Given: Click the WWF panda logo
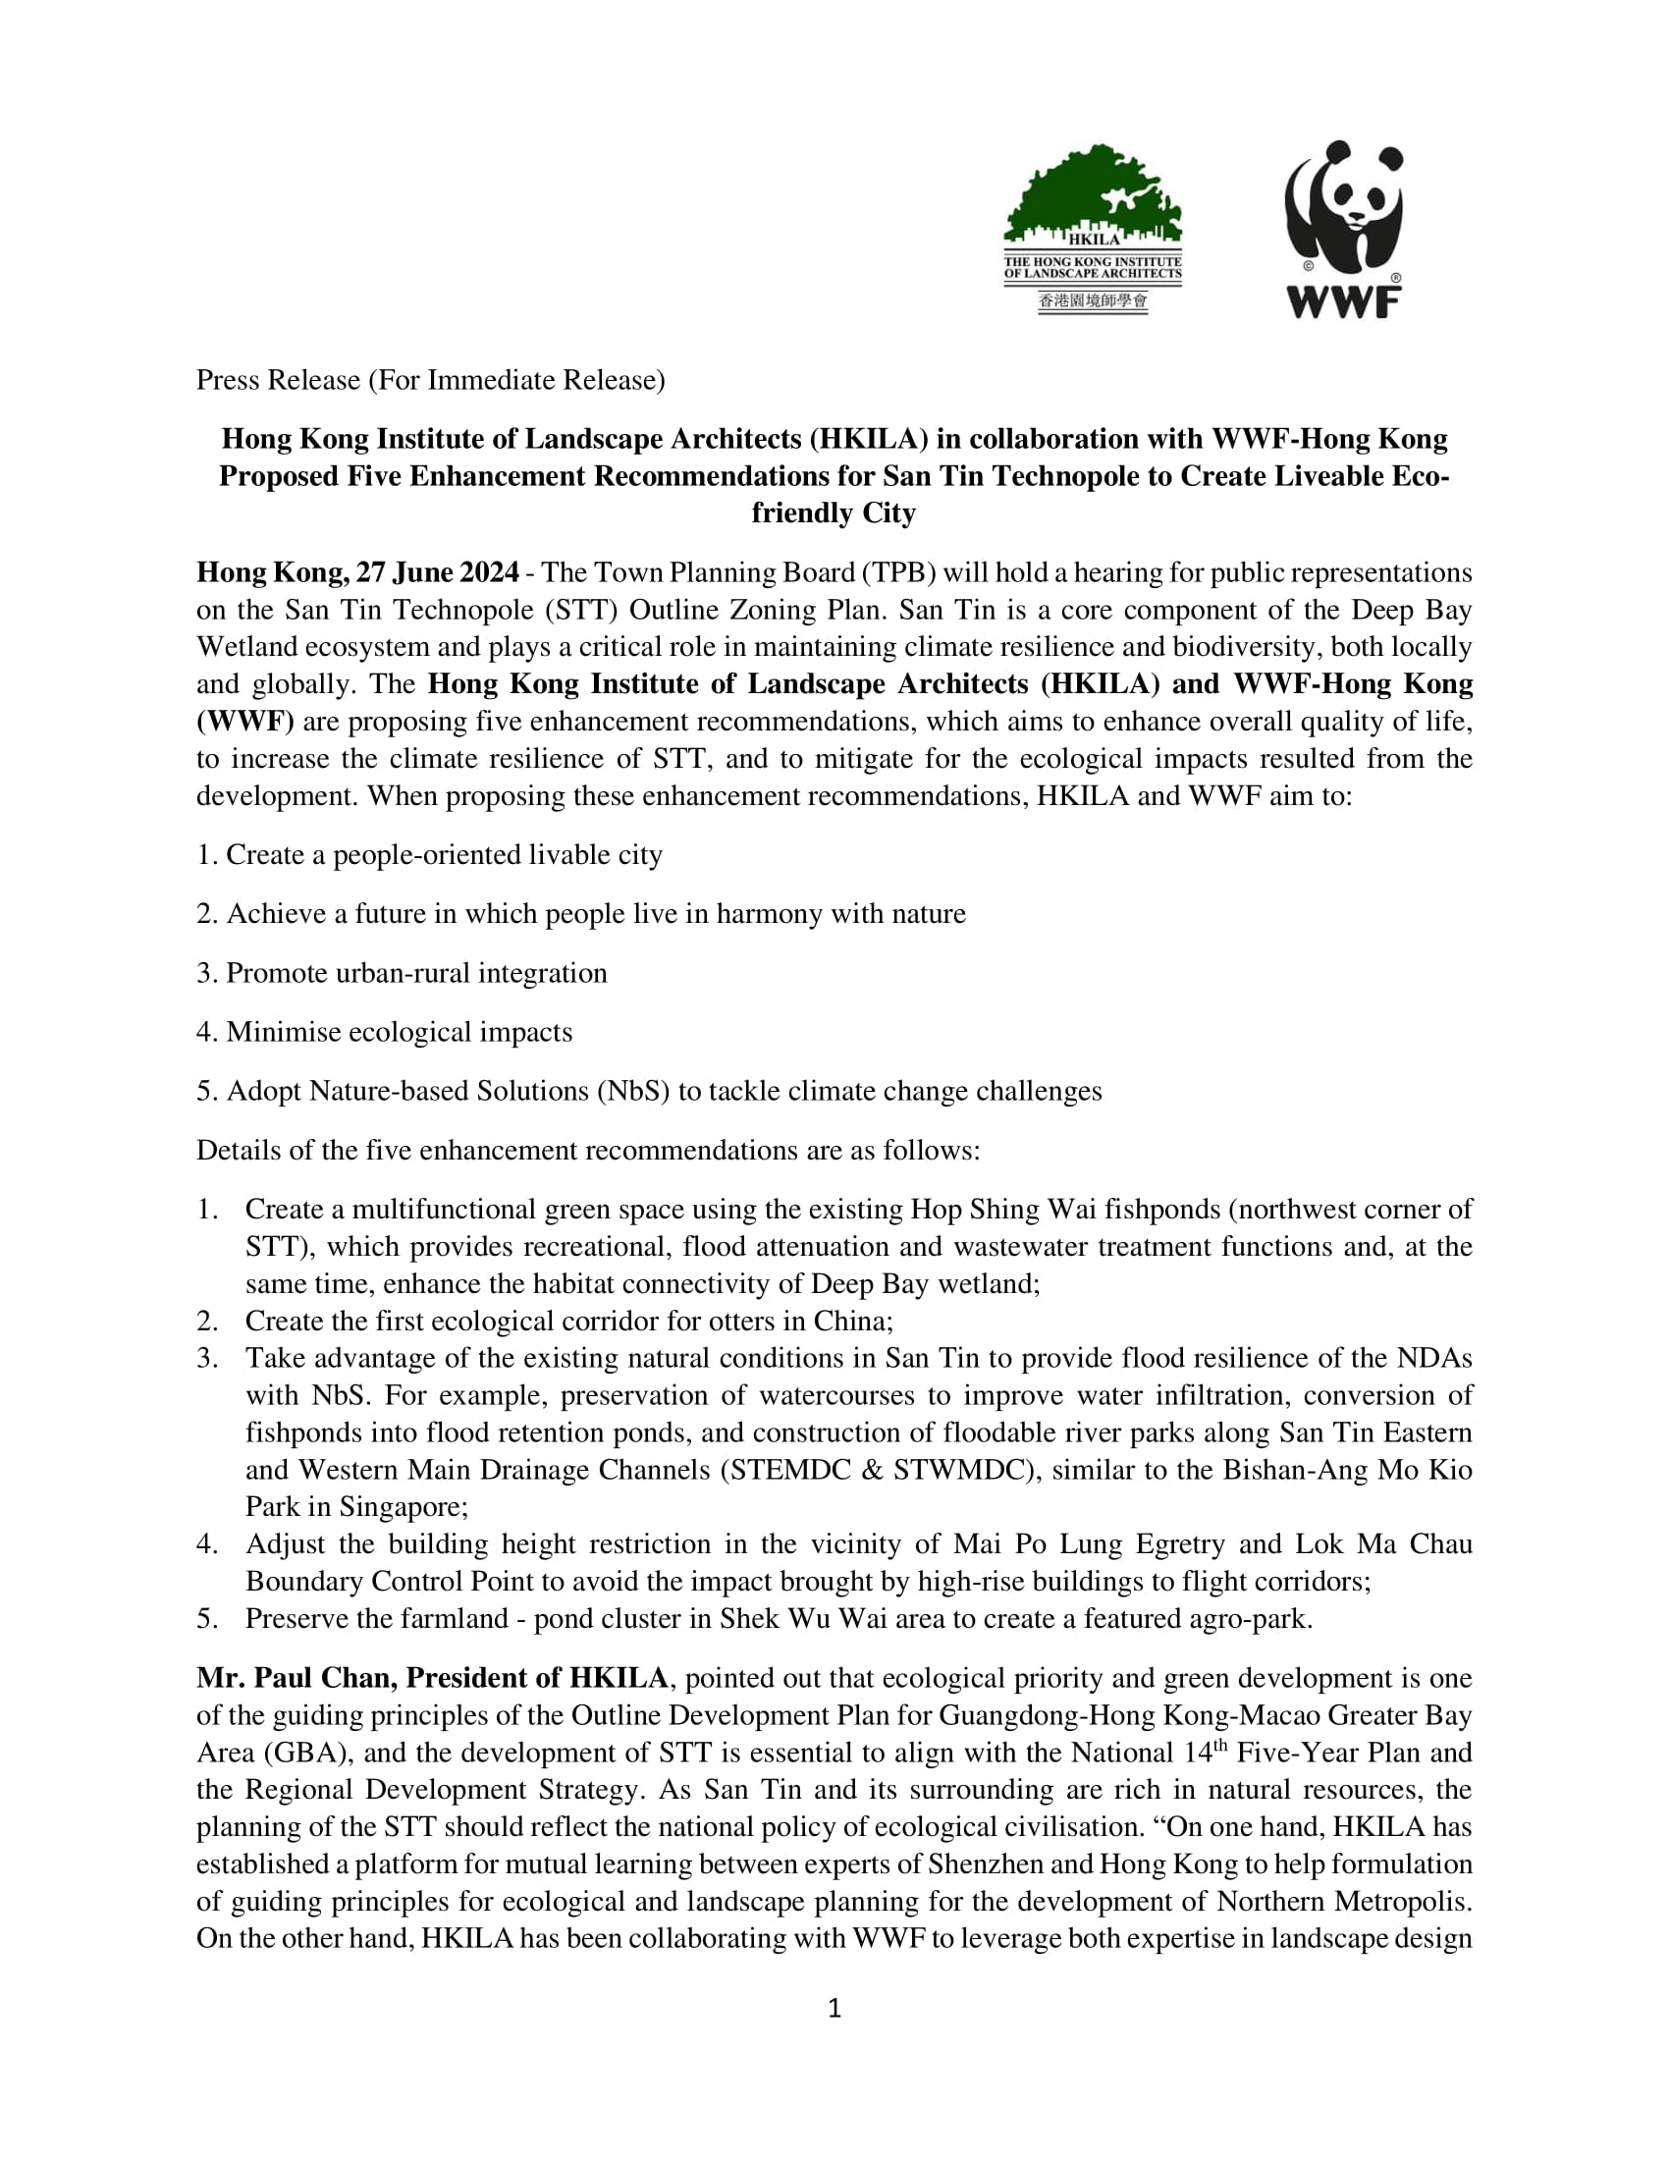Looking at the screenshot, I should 1344,229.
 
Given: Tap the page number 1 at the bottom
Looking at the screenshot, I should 834,2008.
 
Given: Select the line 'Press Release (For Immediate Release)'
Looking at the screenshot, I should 430,380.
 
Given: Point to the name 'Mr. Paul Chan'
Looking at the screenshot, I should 296,1677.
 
